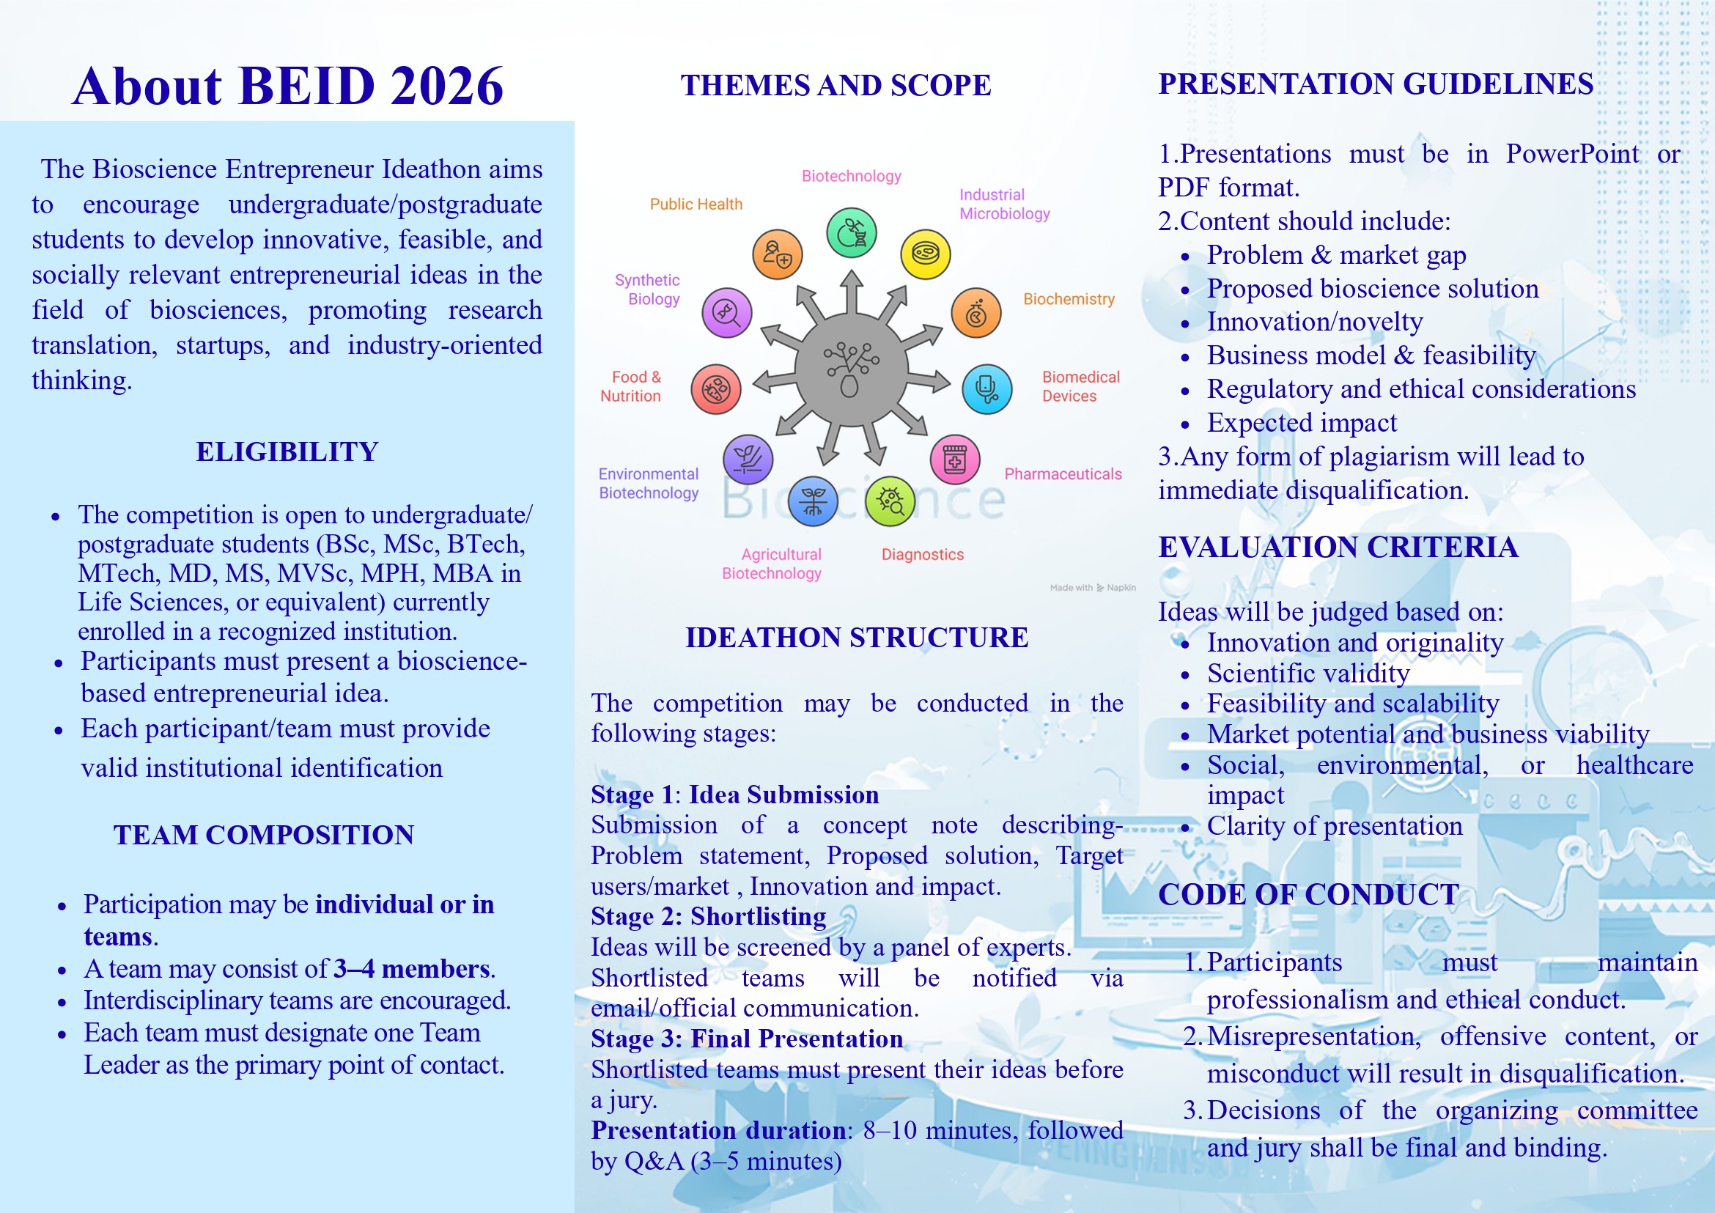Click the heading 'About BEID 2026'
click(x=287, y=85)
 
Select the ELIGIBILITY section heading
click(x=287, y=452)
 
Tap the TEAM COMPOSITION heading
click(x=264, y=835)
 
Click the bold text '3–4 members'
click(x=412, y=969)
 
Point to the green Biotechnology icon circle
click(x=852, y=233)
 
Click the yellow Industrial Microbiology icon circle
click(x=926, y=254)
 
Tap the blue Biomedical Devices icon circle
click(x=986, y=389)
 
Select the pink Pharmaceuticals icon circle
click(x=954, y=460)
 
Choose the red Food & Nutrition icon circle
click(x=715, y=389)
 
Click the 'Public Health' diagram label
click(x=696, y=204)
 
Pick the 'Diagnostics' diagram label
click(x=923, y=554)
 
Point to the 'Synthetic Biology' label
click(x=648, y=289)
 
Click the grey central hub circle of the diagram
click(x=851, y=368)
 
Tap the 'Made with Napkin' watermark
click(x=1092, y=588)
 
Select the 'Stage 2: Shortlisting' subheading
click(x=708, y=916)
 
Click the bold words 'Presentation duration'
click(x=718, y=1131)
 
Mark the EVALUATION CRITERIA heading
click(x=1338, y=547)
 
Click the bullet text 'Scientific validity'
click(x=1308, y=674)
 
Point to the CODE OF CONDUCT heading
click(x=1308, y=895)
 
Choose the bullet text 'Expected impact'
click(x=1301, y=423)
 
